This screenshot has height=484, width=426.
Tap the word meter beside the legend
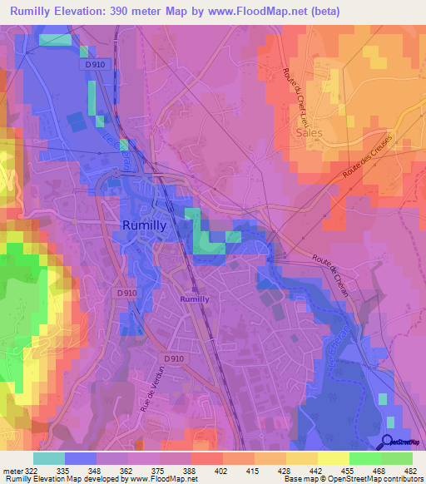point(14,470)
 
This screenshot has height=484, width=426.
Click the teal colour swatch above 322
point(48,458)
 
